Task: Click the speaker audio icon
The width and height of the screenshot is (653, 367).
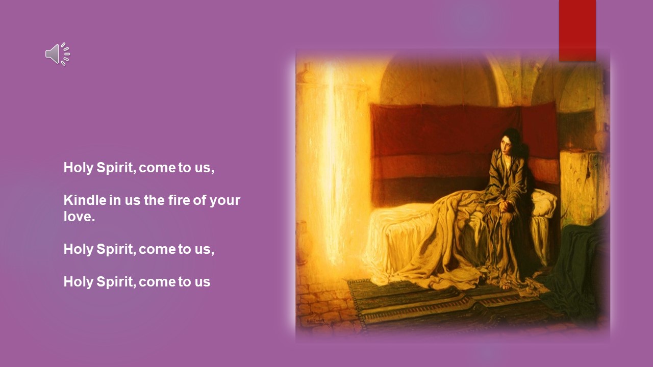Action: tap(58, 54)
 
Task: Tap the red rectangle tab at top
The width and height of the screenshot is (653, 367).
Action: tap(577, 31)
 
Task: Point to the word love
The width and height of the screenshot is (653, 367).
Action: tap(79, 217)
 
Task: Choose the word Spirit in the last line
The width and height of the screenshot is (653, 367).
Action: tap(116, 282)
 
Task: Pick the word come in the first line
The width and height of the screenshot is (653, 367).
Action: tap(158, 168)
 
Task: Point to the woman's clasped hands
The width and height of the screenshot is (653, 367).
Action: tap(504, 205)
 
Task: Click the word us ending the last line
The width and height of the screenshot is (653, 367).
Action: tap(203, 282)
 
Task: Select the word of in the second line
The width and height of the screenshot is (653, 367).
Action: tap(199, 200)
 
